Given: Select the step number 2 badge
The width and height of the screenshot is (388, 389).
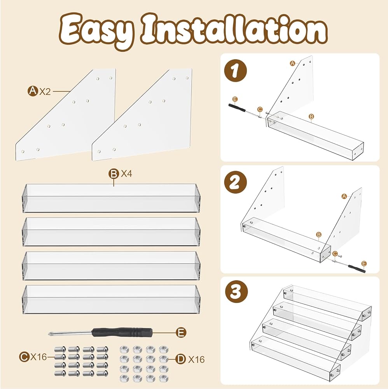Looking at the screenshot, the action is pos(235,183).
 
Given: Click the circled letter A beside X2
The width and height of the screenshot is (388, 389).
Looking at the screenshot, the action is pos(33,91).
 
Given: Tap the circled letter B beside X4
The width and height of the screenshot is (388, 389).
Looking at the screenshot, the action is pos(114,174).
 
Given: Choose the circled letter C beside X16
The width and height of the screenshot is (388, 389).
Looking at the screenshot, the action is pos(24,357).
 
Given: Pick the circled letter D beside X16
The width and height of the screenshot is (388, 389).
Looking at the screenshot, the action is pos(180,359).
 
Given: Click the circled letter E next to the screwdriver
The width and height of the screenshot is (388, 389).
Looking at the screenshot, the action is pos(181,333).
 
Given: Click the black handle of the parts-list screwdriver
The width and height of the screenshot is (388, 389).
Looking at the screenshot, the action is pos(122,332).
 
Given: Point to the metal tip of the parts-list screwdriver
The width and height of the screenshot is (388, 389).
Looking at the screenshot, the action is pos(50,333).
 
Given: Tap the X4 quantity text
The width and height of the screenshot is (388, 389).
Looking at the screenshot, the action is pos(126,173).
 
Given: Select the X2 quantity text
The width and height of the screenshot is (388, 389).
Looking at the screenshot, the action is pos(45,91).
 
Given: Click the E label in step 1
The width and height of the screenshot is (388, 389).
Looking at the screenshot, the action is pos(235,100).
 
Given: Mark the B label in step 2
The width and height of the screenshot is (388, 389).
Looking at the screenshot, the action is pos(319,235).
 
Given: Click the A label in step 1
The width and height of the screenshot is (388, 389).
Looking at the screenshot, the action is pos(292,63).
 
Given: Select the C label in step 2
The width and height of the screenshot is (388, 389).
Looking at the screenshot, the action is pos(335,254).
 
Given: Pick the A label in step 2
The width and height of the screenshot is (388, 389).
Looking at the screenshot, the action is pos(344,196).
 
